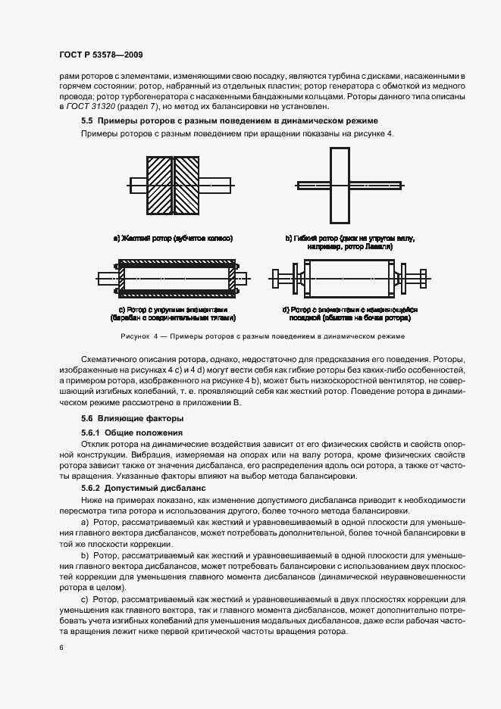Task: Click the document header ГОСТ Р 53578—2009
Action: pos(100,55)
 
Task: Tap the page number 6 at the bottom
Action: pos(61,648)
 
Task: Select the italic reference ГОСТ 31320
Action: pos(87,108)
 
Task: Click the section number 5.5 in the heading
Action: pos(86,121)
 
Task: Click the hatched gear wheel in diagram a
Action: pos(174,184)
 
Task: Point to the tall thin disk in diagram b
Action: pos(340,184)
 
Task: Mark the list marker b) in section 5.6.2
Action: pos(84,556)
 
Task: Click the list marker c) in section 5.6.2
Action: pos(84,599)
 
